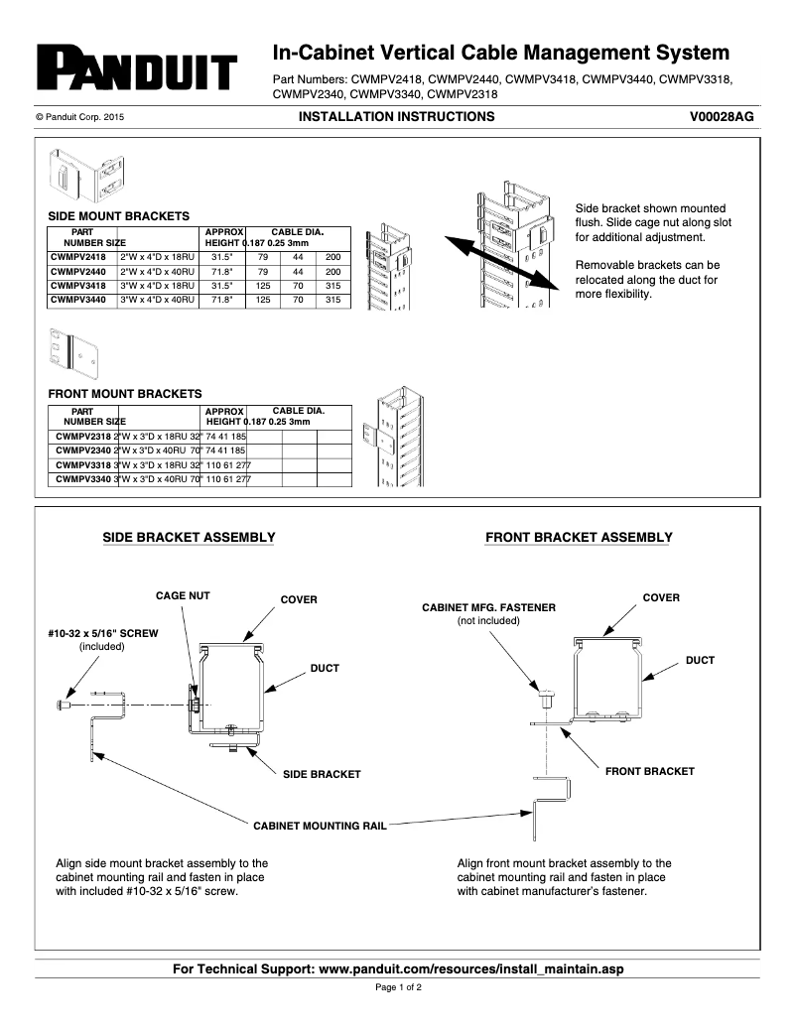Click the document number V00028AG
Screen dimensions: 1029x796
[x=722, y=117]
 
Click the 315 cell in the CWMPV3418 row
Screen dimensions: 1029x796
[x=332, y=285]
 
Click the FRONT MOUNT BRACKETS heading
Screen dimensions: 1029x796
[x=124, y=394]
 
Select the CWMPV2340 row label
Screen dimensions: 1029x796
[x=83, y=450]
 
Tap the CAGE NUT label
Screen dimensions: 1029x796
[x=183, y=595]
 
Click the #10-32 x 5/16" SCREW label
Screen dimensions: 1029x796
[x=102, y=632]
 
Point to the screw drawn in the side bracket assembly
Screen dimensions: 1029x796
[x=64, y=705]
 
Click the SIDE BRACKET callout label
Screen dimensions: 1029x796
[x=322, y=773]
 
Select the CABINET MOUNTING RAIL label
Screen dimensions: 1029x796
[x=319, y=825]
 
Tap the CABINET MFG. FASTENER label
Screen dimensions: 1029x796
[x=488, y=606]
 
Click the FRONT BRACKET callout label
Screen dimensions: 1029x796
[x=649, y=771]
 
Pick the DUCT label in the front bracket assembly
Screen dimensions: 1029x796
[x=700, y=660]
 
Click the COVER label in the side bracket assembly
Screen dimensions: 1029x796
[x=299, y=599]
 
